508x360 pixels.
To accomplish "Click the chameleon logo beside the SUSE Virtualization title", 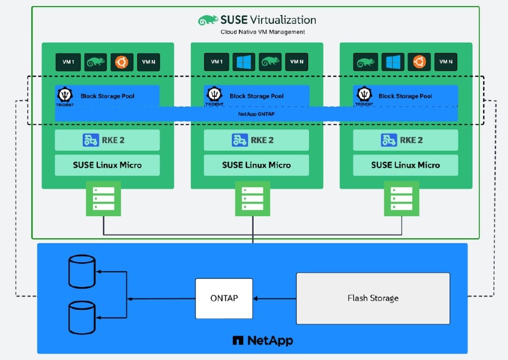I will (208, 20).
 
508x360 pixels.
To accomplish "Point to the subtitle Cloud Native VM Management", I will (263, 32).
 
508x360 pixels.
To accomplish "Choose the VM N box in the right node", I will (446, 62).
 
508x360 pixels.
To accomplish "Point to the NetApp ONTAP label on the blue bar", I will (256, 114).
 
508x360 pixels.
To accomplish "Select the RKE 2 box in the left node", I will (107, 140).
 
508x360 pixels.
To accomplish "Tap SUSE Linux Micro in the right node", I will (405, 165).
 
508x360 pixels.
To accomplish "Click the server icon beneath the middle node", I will (252, 199).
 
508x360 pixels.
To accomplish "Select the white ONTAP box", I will (224, 298).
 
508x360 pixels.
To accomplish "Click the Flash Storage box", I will (373, 298).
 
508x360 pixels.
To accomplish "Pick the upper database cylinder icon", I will (82, 271).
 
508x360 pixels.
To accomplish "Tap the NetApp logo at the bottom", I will (263, 341).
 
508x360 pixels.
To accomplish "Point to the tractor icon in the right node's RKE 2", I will (389, 140).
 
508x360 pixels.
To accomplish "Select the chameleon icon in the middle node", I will (270, 62).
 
